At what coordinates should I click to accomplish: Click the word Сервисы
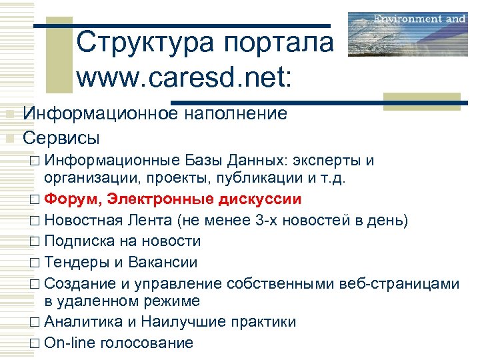pyautogui.click(x=61, y=138)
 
